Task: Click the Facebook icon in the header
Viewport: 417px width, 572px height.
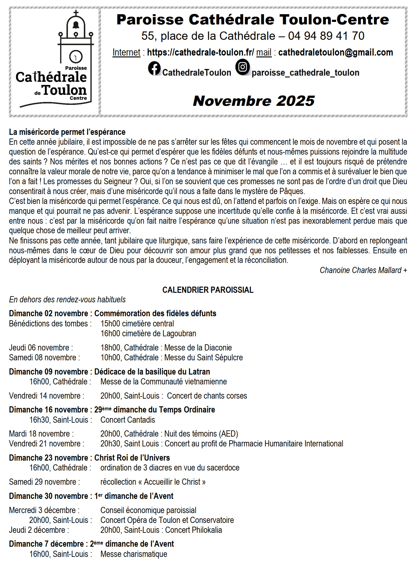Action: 154,68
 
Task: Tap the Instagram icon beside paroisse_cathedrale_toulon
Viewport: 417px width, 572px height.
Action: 242,67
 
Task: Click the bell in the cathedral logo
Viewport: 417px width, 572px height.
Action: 76,25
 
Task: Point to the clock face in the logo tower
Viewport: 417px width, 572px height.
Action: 76,56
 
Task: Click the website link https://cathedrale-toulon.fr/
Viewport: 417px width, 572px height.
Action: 200,52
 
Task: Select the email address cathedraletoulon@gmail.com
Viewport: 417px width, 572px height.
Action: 335,52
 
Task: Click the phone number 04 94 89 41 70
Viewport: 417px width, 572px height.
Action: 326,36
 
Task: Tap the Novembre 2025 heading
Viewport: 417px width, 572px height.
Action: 254,101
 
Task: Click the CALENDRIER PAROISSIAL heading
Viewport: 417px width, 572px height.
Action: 208,290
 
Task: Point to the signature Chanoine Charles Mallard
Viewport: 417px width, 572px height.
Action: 363,270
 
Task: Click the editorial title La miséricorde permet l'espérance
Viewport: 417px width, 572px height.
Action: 67,132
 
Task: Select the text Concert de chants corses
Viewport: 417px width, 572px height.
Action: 207,396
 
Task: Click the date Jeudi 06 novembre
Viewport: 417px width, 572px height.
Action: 41,348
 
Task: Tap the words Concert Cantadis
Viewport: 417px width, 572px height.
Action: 128,420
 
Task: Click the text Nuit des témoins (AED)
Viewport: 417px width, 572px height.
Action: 201,434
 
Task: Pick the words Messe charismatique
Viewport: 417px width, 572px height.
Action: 134,554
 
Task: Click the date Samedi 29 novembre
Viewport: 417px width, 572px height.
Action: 44,482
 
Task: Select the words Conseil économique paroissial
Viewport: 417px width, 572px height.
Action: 148,510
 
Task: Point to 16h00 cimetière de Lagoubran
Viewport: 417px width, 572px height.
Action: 148,334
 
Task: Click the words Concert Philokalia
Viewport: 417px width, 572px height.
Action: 193,530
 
